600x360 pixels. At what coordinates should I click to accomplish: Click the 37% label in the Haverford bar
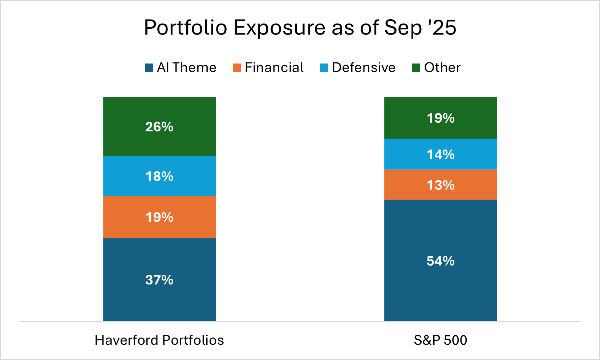(159, 280)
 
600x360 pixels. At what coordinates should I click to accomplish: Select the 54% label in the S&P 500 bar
(440, 261)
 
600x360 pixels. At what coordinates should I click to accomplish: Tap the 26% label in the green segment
(159, 127)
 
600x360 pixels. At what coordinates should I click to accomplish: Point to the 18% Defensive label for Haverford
(159, 176)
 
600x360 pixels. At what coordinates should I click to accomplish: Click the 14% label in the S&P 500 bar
(440, 155)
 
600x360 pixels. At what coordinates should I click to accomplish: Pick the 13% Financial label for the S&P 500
(440, 185)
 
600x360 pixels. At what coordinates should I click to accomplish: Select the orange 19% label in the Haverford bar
(159, 217)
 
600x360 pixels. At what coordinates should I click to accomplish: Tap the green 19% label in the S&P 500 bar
(440, 118)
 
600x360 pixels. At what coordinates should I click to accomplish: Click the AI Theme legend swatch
(149, 67)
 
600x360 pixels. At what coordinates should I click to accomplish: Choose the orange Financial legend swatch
(237, 67)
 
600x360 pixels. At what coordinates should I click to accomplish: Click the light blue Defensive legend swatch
(324, 67)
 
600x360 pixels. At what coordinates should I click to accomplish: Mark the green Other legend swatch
(416, 67)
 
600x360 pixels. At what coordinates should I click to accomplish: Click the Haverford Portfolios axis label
(159, 340)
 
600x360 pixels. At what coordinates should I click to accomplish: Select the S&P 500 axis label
(440, 340)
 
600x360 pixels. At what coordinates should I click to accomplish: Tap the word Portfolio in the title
(185, 28)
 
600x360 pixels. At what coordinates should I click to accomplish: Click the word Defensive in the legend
(363, 67)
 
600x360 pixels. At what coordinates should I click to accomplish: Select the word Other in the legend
(442, 67)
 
